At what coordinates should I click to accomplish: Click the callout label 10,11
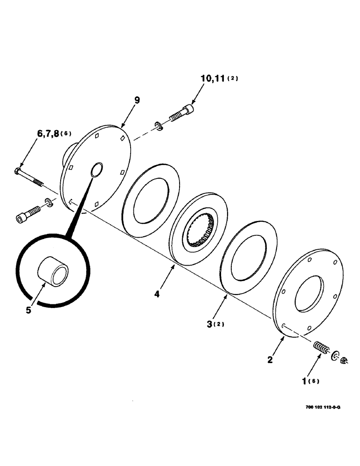coord(213,78)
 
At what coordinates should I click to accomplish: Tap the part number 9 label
coord(137,100)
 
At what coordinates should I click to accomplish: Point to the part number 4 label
coord(157,295)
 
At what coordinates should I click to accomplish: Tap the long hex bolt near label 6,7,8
coord(31,179)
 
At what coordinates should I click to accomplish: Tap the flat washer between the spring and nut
coord(335,356)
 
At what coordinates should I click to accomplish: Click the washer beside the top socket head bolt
coord(159,125)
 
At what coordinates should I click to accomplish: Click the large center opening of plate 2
coord(308,294)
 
